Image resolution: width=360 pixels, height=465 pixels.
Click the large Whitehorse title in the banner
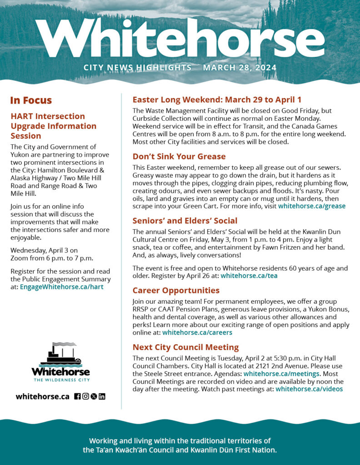[x=180, y=39]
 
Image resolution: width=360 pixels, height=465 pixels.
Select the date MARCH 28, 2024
[x=240, y=68]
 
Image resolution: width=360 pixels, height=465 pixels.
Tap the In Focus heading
[x=31, y=100]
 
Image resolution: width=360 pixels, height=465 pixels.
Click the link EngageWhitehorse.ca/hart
[x=62, y=287]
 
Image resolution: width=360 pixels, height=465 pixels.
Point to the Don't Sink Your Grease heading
[x=179, y=157]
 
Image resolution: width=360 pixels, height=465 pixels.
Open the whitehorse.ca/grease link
[x=311, y=206]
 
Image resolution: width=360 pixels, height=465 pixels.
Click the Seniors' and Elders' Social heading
[x=185, y=221]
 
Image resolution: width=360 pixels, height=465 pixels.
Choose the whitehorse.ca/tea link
[x=249, y=275]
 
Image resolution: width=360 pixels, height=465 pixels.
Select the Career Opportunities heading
[x=175, y=290]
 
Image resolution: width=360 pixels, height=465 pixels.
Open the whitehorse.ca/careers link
[x=197, y=332]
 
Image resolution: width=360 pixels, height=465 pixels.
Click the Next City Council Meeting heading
[x=185, y=347]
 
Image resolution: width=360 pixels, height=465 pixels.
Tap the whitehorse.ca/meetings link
[x=281, y=374]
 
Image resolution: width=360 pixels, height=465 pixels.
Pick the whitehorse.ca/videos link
[x=309, y=389]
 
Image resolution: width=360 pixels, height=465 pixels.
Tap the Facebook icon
[x=77, y=396]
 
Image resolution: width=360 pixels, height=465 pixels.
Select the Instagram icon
[x=85, y=396]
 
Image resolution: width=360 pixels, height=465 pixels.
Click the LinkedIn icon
[x=102, y=396]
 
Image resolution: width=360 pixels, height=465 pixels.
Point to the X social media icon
[x=94, y=396]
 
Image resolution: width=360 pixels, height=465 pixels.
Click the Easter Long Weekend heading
[x=217, y=100]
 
